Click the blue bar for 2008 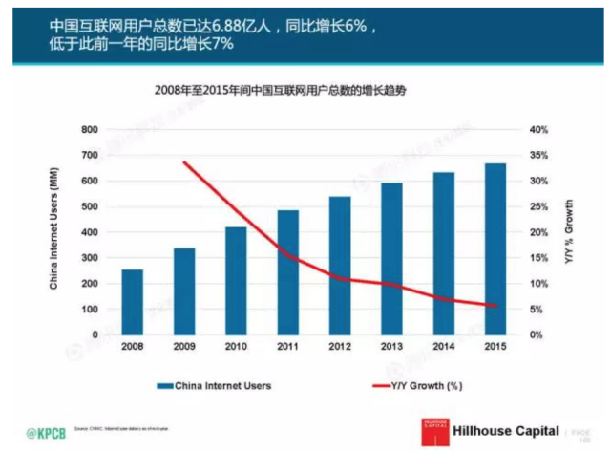[132, 302]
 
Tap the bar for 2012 [340, 266]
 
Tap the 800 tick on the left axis [90, 129]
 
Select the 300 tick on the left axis [90, 258]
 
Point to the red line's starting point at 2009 [184, 162]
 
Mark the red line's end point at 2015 [495, 306]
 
